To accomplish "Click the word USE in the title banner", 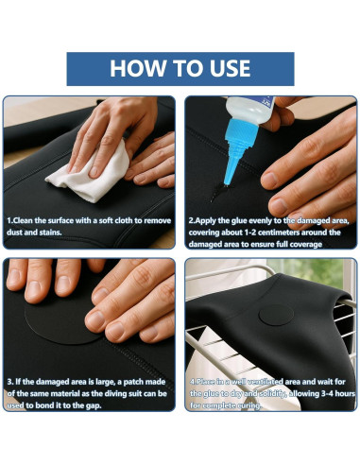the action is coord(231,68).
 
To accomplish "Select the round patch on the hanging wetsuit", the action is coord(276,315).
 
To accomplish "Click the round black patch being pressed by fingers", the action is coord(60,321).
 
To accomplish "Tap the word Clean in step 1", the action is coord(23,220).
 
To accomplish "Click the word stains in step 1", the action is coord(50,232).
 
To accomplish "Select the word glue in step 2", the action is coord(239,221).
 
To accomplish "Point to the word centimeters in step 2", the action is coord(279,232).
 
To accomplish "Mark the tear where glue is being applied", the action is coord(218,192).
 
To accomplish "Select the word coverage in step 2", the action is coord(306,245).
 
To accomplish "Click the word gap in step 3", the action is coord(93,405).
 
